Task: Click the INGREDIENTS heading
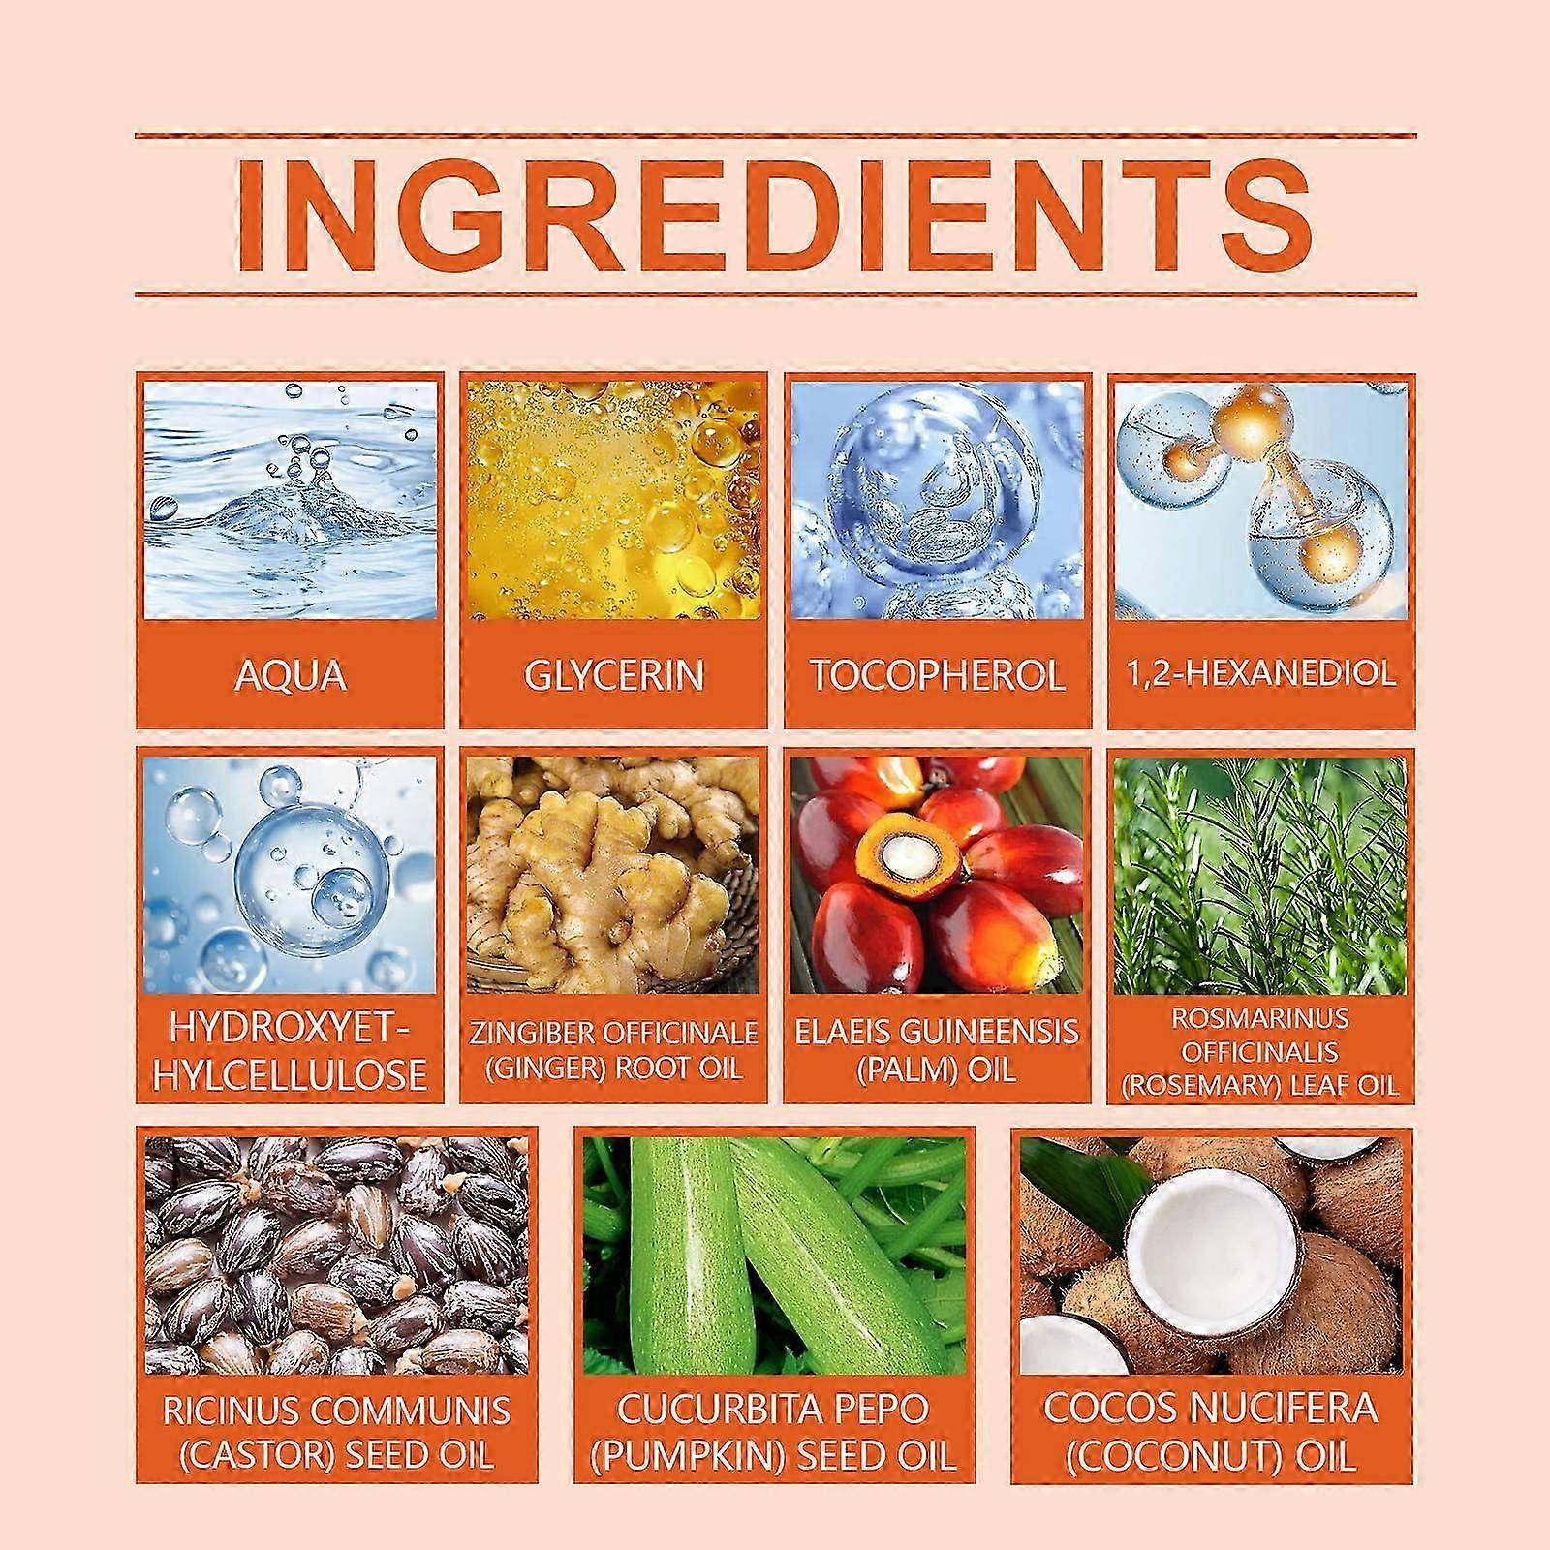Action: (775, 214)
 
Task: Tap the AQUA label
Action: (290, 675)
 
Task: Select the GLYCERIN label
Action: (613, 675)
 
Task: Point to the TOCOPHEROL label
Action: (937, 675)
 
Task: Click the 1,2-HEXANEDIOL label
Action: (1261, 673)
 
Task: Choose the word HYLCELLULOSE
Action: (290, 1074)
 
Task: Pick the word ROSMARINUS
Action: (1260, 1018)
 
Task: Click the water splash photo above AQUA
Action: (290, 499)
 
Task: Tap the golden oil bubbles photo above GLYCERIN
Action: (613, 500)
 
